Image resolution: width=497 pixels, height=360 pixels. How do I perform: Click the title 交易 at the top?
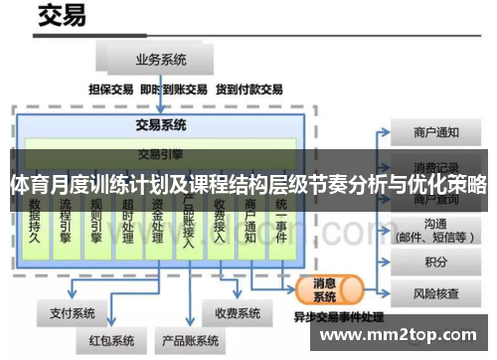click(61, 17)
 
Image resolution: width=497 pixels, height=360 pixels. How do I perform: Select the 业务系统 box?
click(162, 59)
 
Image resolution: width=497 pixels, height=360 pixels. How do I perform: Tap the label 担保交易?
click(110, 90)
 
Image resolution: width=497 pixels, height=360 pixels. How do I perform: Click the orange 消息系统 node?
click(325, 289)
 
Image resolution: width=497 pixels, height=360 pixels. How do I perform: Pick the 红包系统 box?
click(110, 341)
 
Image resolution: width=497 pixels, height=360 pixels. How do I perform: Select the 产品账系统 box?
click(190, 341)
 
